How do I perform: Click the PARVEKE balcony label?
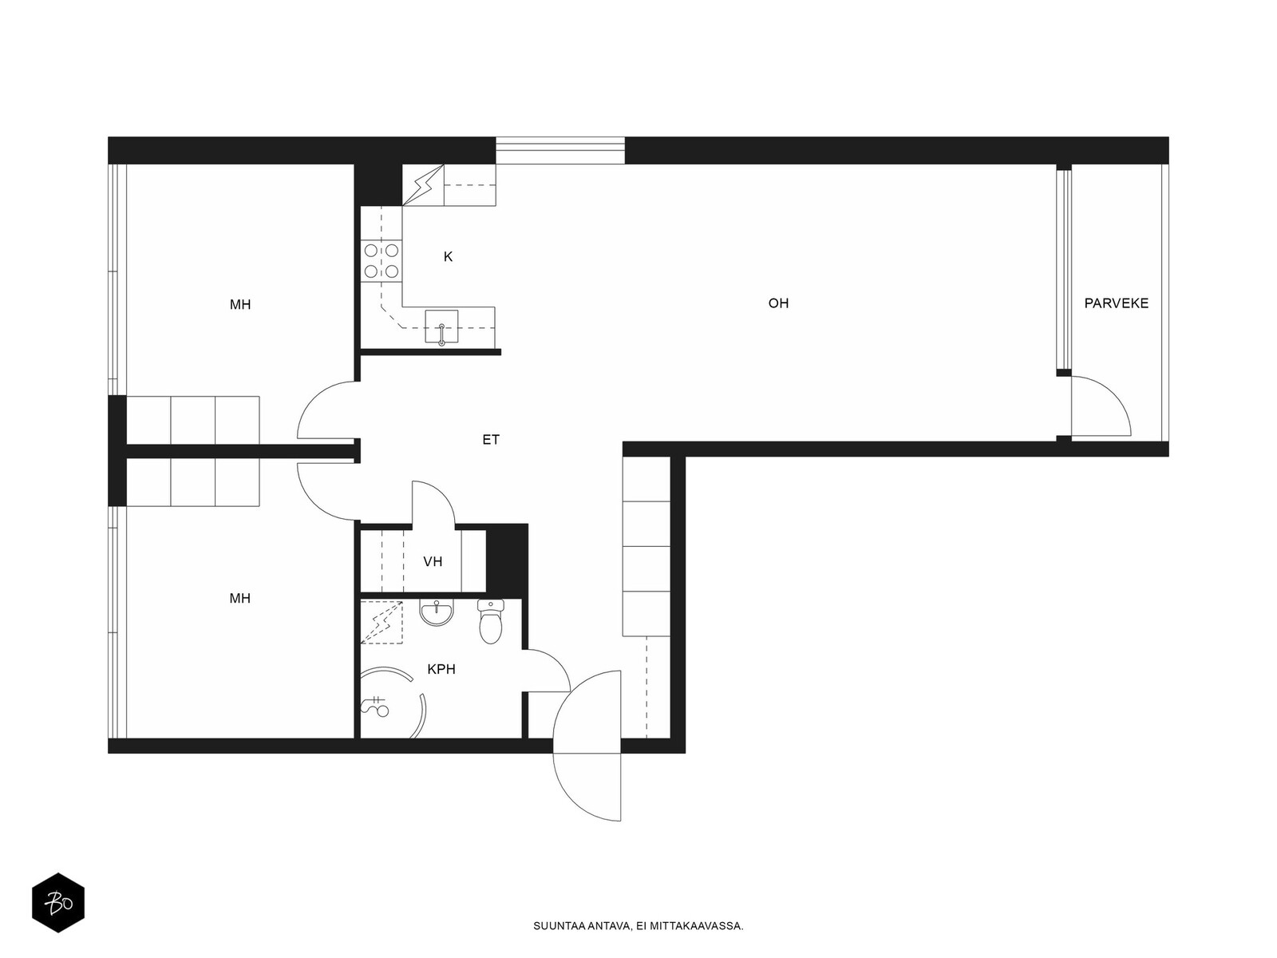tap(1116, 303)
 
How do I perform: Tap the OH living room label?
tap(778, 303)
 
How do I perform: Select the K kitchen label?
tap(448, 256)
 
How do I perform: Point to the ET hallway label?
tap(490, 440)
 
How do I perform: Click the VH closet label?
tap(433, 561)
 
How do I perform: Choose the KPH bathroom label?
tap(441, 669)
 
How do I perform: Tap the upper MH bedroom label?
tap(239, 304)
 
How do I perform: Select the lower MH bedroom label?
tap(239, 598)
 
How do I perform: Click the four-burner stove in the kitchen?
tap(381, 260)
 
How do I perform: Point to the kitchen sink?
tap(441, 327)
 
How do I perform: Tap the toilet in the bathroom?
tap(490, 621)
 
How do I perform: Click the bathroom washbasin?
tap(436, 613)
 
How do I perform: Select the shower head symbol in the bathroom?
tap(375, 707)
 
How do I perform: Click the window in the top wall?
tap(559, 151)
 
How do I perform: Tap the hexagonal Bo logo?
tap(58, 903)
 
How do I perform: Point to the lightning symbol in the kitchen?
tap(423, 185)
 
